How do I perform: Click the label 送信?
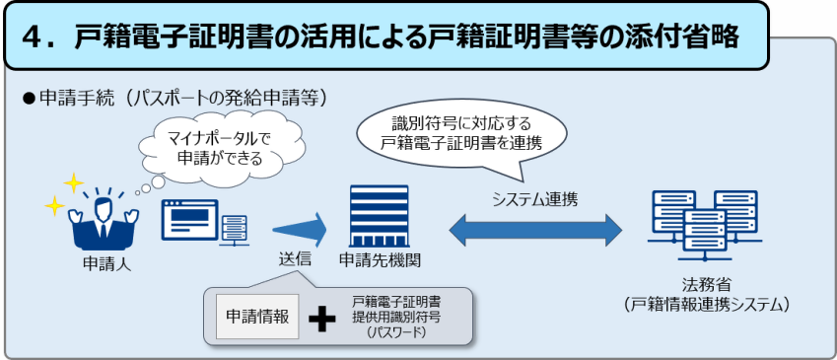pos(295,259)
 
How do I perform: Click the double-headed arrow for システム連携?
pos(535,230)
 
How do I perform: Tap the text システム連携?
pos(535,198)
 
